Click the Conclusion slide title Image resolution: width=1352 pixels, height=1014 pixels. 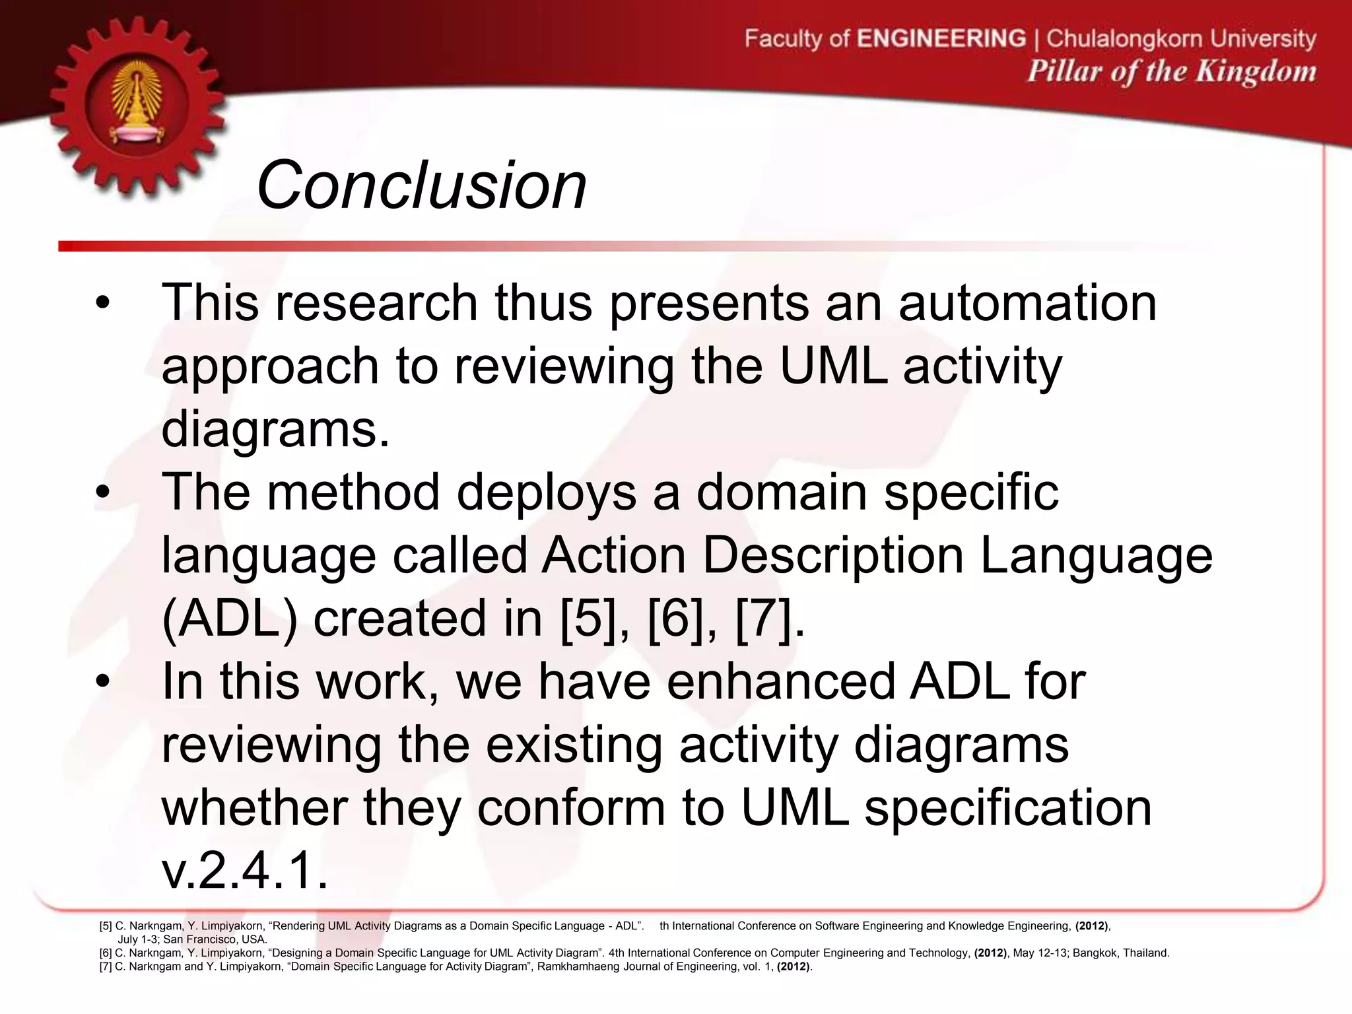[421, 186]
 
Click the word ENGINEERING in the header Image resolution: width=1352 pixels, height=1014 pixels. [941, 38]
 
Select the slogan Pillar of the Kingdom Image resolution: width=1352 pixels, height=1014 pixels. [1171, 71]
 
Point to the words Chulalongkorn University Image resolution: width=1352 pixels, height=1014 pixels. [1181, 38]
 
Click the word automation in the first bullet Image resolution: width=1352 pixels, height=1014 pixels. [1027, 302]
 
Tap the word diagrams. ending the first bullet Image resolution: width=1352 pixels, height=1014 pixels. [275, 429]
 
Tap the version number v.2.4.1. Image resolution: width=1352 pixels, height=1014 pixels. [244, 871]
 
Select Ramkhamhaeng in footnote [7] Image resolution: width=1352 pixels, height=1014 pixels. [586, 966]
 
